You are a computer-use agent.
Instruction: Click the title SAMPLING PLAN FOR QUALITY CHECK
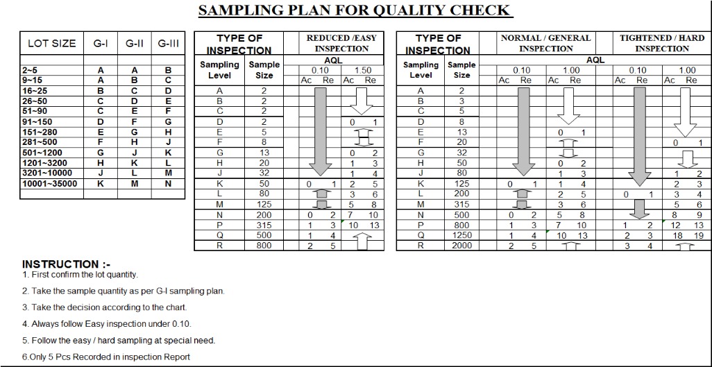point(355,10)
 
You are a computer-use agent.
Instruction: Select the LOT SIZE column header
point(51,43)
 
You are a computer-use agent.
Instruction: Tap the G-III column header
point(168,43)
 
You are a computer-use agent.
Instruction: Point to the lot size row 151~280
point(39,132)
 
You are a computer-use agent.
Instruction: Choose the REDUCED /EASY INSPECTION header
point(341,43)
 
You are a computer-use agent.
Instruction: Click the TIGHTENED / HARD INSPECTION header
point(661,43)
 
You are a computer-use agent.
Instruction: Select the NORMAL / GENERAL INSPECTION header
point(545,43)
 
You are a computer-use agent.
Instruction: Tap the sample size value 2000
point(461,246)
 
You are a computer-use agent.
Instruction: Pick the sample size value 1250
point(461,235)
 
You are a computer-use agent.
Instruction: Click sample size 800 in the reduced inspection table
point(264,246)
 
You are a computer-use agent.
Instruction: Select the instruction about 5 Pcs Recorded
point(105,357)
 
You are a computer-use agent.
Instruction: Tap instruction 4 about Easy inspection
point(106,324)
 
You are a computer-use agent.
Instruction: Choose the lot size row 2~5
point(30,70)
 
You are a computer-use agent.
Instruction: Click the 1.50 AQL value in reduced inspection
point(362,71)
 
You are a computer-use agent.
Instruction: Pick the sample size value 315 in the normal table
point(461,205)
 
